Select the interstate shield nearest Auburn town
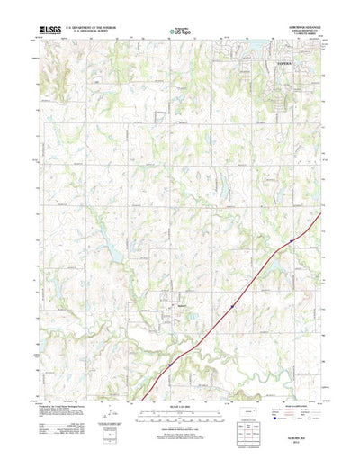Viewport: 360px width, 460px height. [231, 305]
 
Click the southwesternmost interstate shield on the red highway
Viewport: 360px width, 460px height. [168, 364]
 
